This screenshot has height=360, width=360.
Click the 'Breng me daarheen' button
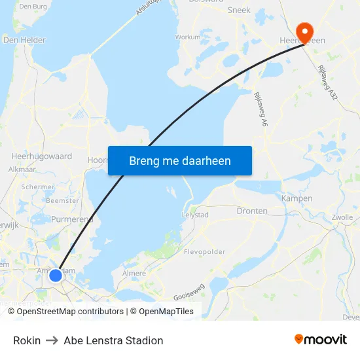(x=180, y=160)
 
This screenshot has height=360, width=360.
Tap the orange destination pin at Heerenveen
(x=305, y=31)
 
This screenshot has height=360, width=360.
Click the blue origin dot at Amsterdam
(x=56, y=276)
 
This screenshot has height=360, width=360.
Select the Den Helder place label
(x=24, y=40)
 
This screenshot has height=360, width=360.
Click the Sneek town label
(x=238, y=10)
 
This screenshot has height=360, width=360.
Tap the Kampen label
(x=297, y=198)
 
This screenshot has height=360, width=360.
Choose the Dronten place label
(x=252, y=211)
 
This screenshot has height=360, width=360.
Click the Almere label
(x=134, y=273)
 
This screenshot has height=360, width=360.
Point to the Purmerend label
(x=72, y=219)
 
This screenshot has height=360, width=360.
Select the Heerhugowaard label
(x=41, y=157)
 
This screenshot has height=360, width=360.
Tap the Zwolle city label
(x=342, y=217)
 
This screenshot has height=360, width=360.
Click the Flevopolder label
(x=205, y=252)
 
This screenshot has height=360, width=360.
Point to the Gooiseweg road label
(x=189, y=293)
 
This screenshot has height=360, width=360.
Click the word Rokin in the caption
(x=27, y=340)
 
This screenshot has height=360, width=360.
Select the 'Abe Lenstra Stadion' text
(x=113, y=340)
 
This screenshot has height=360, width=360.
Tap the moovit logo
(x=320, y=339)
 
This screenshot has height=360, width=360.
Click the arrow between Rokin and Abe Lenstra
(x=52, y=340)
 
